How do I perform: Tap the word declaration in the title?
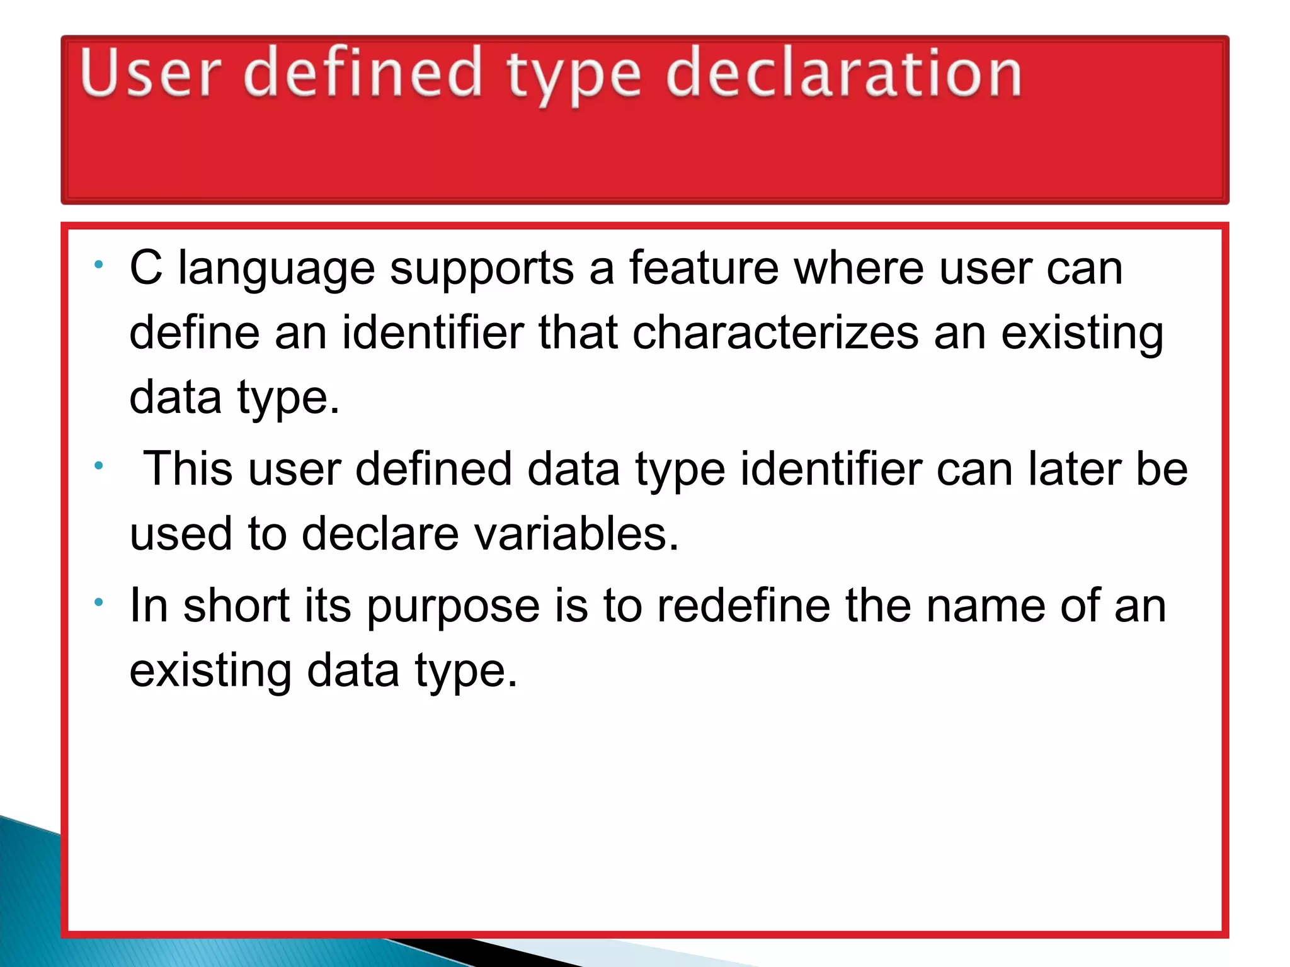coord(843,74)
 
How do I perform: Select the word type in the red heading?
coord(574,79)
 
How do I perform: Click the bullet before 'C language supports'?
coord(98,265)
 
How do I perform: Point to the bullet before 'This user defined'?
coord(98,467)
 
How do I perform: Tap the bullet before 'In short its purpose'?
coord(98,603)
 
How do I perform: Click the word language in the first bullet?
coord(277,269)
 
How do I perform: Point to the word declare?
coord(380,534)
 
